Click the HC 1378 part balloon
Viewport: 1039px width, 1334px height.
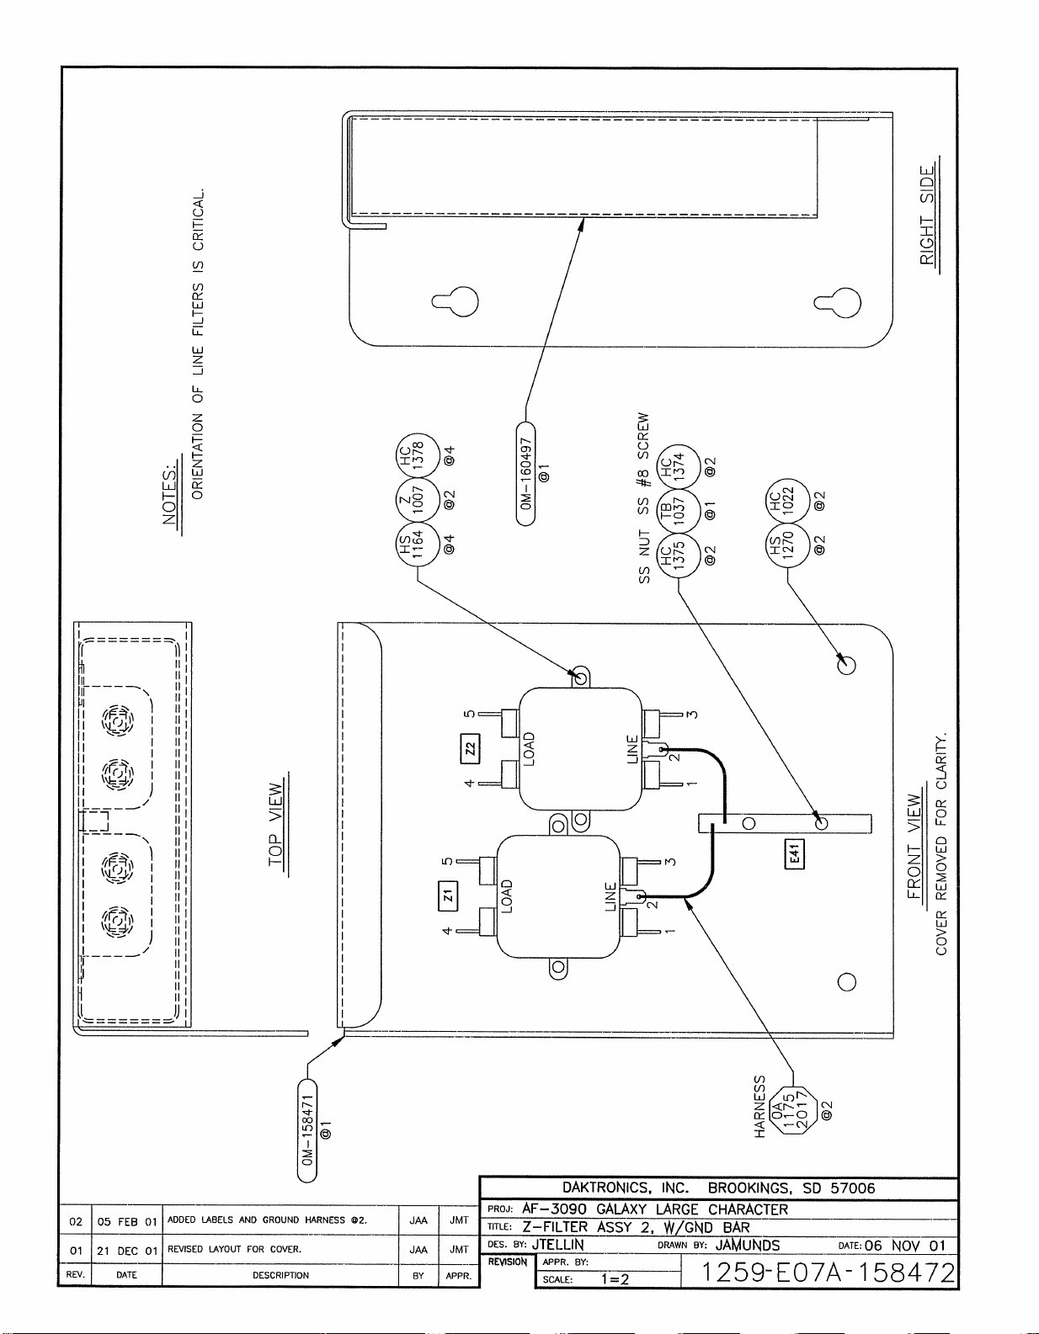coord(418,455)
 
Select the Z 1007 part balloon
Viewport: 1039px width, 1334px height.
coord(418,500)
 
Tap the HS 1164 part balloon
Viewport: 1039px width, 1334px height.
coord(418,544)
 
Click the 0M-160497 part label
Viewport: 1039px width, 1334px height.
coord(525,473)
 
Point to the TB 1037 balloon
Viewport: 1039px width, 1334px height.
coord(679,511)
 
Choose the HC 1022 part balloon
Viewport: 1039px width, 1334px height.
coord(788,500)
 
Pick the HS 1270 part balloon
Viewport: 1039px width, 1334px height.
coord(788,545)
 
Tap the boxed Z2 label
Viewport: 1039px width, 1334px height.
coord(471,748)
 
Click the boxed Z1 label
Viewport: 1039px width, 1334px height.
coord(447,896)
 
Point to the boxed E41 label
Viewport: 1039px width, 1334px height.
coord(795,854)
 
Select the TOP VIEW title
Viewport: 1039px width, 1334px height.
coord(277,824)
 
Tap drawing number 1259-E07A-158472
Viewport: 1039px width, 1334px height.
coord(828,1273)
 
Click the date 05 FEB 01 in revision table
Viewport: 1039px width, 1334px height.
coord(127,1222)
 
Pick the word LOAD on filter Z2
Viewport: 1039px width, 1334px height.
coord(529,748)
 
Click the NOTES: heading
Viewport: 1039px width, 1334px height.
coord(170,495)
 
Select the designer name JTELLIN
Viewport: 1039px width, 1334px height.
coord(557,1245)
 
